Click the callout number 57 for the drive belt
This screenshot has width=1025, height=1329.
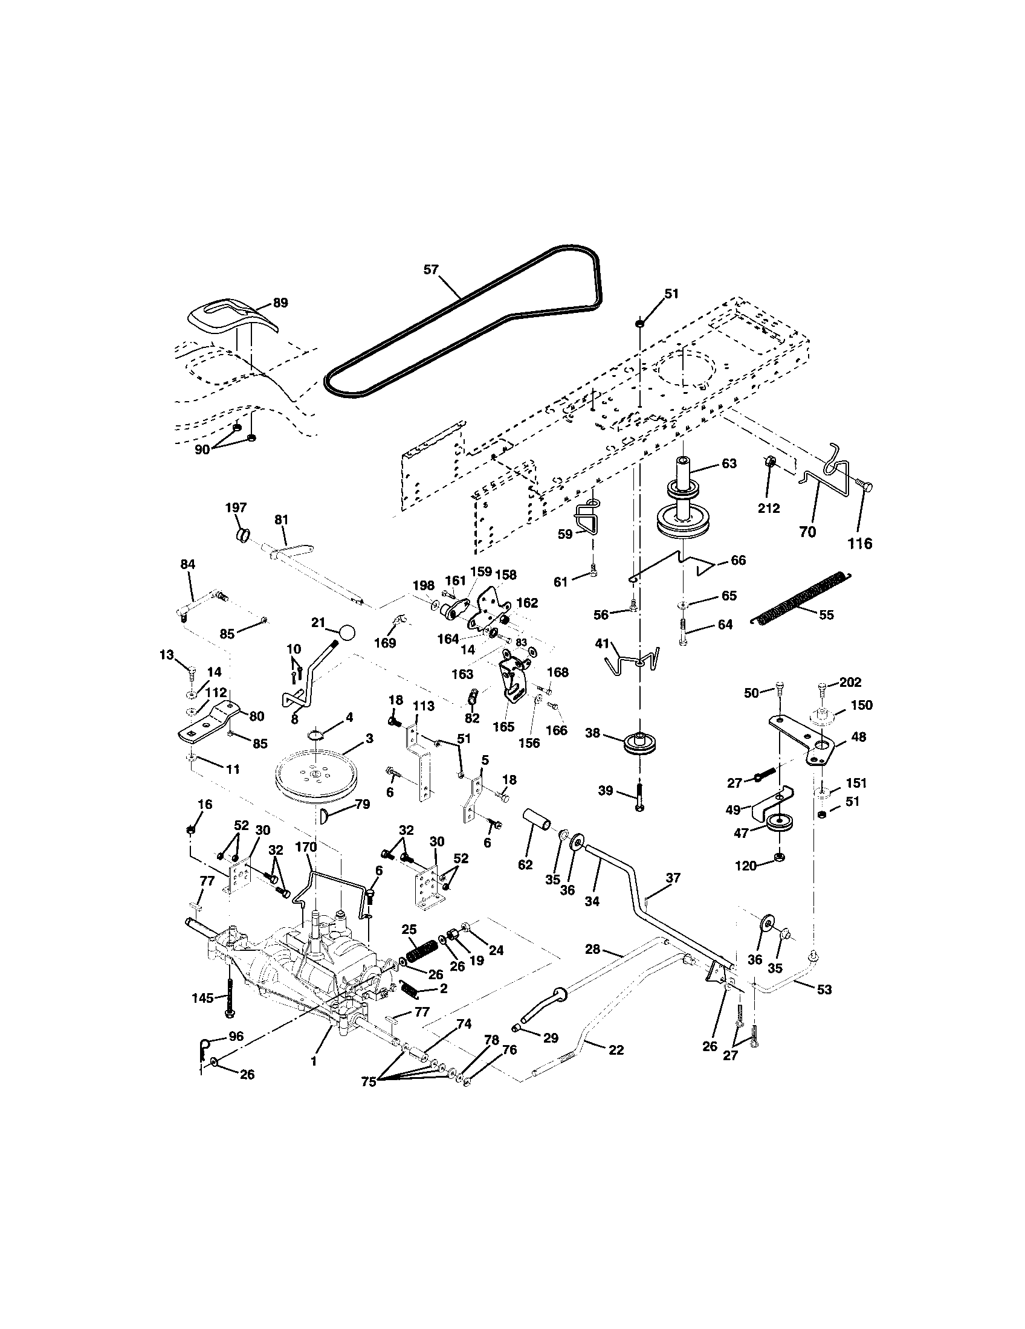tap(431, 269)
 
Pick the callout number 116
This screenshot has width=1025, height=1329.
tap(860, 544)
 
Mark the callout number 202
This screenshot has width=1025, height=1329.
tap(850, 682)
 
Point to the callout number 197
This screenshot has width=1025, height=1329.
tap(236, 507)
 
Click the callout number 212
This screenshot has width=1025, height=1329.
tap(769, 508)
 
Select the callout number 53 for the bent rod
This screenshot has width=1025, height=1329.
tap(824, 990)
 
